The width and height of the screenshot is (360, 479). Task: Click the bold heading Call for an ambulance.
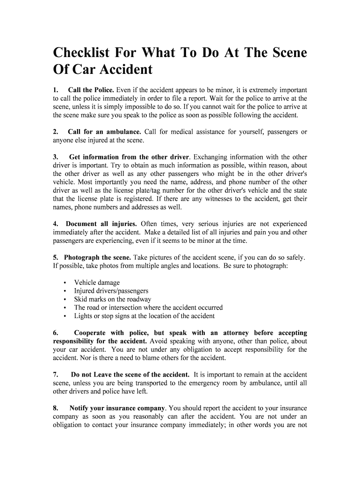coord(104,131)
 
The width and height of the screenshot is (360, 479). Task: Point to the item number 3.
coord(55,157)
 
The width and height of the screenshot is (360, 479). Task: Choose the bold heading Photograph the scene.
coord(98,257)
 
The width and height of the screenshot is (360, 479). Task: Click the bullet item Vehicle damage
coord(97,283)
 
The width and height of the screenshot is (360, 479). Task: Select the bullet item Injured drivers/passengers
coord(111,291)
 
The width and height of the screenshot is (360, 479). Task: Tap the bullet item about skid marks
coord(113,299)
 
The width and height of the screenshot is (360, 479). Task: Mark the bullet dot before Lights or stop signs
coord(64,316)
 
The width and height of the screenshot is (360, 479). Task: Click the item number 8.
coord(55,408)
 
